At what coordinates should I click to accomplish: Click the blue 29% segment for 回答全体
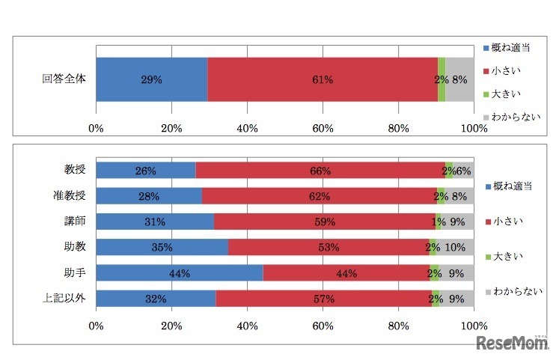coord(152,79)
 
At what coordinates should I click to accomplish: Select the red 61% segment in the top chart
coord(323,79)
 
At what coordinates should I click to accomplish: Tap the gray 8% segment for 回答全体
coord(459,79)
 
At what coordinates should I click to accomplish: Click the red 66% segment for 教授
coord(320,171)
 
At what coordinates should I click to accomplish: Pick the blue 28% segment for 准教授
coord(149,196)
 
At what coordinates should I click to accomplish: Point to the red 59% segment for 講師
coord(325,222)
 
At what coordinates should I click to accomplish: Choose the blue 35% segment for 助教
coord(162,247)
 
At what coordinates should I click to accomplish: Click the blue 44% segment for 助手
coord(179,273)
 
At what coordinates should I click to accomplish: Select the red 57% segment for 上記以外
coord(323,299)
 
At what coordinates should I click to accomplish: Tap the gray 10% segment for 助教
coord(454,247)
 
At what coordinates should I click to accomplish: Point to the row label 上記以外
coord(67,299)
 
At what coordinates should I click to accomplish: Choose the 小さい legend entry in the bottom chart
coord(508,222)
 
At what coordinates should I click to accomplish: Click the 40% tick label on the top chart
coord(248,128)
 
